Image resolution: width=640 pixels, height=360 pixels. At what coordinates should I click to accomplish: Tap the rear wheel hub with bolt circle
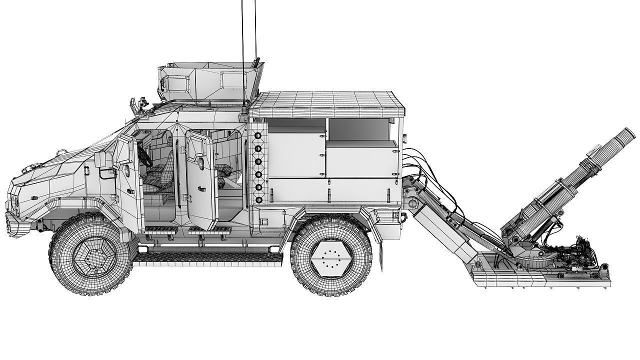pyautogui.click(x=328, y=260)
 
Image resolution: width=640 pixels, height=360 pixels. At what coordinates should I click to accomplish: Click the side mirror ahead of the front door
pyautogui.click(x=99, y=160)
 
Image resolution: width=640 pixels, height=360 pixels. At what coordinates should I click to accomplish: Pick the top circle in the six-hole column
pyautogui.click(x=258, y=136)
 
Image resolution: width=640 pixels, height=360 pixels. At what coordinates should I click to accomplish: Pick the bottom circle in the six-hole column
pyautogui.click(x=258, y=199)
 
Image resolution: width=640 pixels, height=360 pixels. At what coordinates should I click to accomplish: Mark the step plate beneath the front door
pyautogui.click(x=160, y=230)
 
